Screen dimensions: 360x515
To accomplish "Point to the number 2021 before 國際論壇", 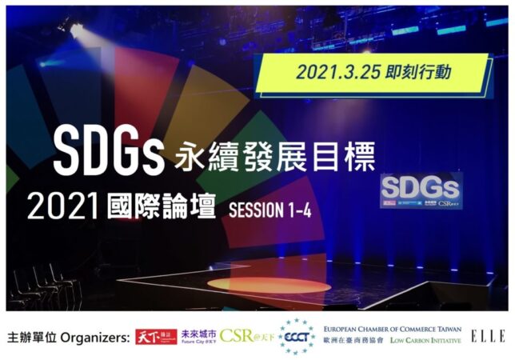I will click(x=62, y=209).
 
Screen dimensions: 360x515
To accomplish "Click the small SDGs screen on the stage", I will click(x=421, y=190).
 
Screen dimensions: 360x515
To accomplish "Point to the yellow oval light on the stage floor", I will click(x=269, y=285).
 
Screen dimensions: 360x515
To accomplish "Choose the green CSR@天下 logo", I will click(x=247, y=337).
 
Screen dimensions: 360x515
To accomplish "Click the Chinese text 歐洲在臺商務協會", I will click(x=354, y=343).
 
